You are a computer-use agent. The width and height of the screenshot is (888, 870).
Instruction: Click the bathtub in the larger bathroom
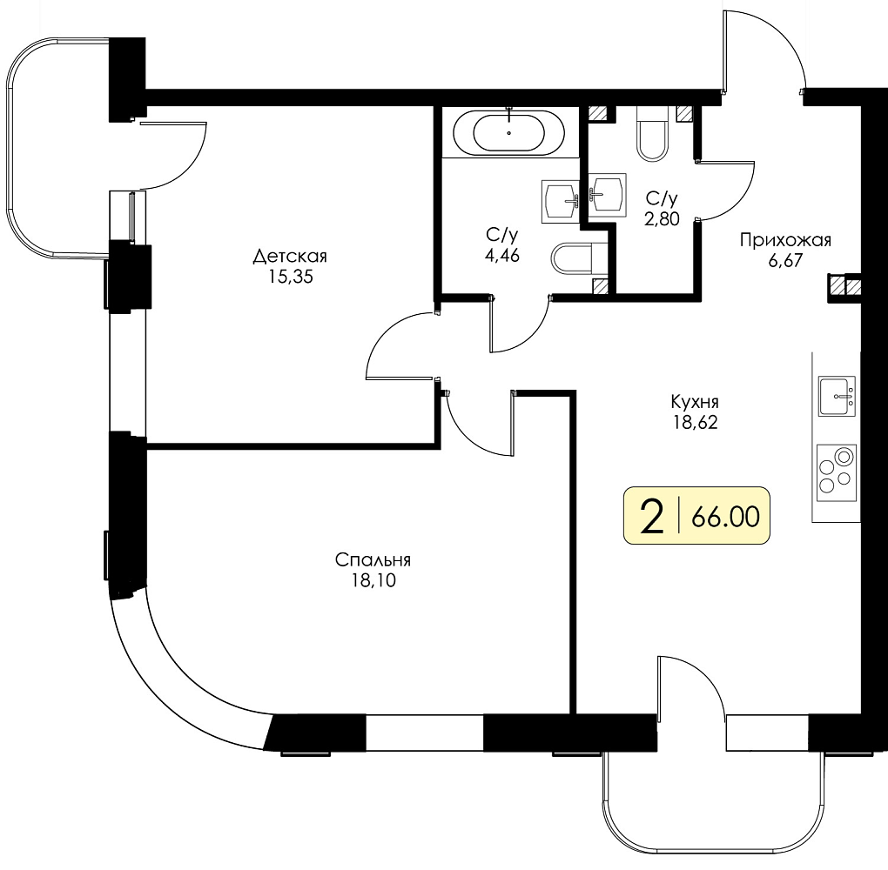[x=508, y=132]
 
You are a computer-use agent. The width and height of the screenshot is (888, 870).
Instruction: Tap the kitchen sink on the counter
[x=837, y=396]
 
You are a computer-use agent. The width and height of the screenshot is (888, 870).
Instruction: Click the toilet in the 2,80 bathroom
[x=653, y=134]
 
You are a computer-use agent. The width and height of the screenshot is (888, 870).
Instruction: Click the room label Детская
[x=290, y=257]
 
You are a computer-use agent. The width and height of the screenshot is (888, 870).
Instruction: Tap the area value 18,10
[x=373, y=581]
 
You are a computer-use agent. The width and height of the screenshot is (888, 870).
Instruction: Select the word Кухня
[x=695, y=403]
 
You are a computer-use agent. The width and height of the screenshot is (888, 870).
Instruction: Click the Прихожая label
[x=785, y=241]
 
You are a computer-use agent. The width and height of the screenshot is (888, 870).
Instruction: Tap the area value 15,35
[x=291, y=278]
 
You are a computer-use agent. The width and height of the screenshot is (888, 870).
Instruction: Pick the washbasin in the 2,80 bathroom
[x=607, y=195]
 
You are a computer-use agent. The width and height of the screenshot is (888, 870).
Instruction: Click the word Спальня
[x=373, y=559]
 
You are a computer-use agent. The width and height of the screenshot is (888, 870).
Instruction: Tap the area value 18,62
[x=696, y=422]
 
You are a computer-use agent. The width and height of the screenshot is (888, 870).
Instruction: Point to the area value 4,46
[x=501, y=256]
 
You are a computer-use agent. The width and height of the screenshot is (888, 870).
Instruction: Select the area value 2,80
[x=662, y=219]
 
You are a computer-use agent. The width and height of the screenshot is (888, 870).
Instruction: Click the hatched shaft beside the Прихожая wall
[x=844, y=285]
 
